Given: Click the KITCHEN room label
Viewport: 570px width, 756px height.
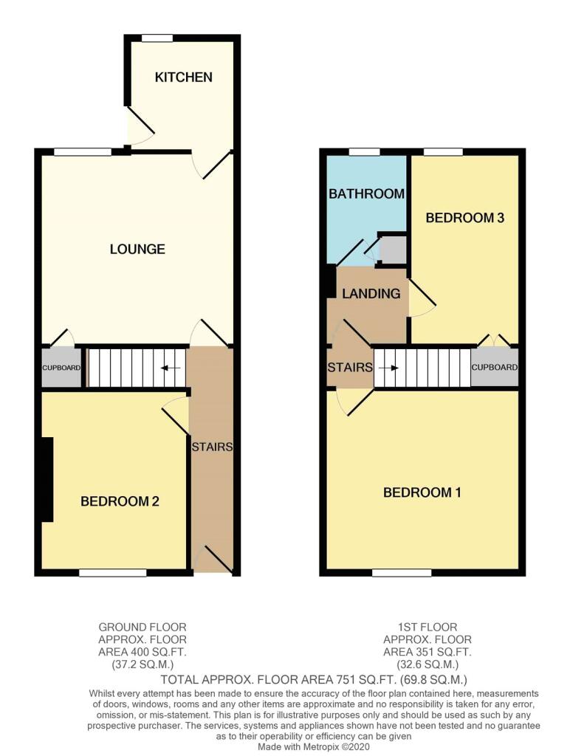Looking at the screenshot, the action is (183, 77).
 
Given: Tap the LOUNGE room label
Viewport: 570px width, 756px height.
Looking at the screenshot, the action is (137, 249).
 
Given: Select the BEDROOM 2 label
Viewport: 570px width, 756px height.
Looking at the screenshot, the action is (120, 501).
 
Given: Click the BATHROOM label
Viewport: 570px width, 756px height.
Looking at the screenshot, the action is (366, 194).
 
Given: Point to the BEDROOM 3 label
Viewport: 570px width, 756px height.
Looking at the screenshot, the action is (465, 218).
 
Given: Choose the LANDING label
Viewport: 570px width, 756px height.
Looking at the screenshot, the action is (371, 294).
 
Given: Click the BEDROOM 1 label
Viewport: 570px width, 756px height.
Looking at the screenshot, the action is (422, 492).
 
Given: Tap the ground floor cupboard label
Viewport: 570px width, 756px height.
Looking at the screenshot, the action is (61, 368).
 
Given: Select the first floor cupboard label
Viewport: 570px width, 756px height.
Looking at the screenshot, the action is (494, 368).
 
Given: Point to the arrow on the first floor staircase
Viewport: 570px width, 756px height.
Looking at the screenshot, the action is (388, 368).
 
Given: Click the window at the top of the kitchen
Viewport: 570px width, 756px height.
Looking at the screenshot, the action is (157, 38).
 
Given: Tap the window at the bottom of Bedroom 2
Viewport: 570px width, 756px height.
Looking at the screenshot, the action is (113, 573).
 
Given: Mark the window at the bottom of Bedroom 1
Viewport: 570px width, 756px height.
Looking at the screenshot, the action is (402, 573).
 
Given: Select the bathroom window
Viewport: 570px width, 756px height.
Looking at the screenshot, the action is (365, 152).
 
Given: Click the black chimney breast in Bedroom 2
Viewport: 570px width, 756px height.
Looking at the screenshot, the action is (47, 479).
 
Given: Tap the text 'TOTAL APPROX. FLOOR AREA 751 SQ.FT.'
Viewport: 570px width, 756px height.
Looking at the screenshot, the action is (279, 680).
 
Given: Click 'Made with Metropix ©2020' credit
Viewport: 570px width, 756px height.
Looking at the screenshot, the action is (314, 747).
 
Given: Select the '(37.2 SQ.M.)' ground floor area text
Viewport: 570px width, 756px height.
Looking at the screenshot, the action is (142, 664).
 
